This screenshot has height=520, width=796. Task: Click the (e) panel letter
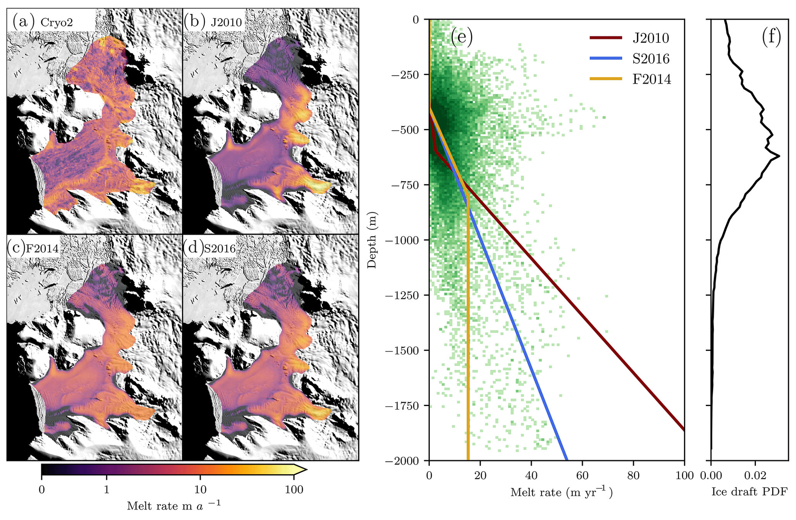point(461,37)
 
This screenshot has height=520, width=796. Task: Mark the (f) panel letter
point(771,37)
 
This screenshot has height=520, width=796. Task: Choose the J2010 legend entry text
point(651,38)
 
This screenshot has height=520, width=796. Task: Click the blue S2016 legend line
point(606,58)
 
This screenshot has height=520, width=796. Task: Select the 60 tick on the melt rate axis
point(582,476)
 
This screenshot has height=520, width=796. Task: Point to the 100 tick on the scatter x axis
point(684,476)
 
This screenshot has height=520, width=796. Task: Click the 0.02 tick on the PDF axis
point(755,476)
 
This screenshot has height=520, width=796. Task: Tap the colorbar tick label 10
point(200,490)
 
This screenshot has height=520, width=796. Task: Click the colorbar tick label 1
point(107,490)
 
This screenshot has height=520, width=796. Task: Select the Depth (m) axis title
point(372,240)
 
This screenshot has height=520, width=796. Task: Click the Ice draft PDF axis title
point(749,492)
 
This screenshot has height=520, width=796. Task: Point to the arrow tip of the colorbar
point(306,469)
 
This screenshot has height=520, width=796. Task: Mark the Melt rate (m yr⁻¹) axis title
point(561,492)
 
